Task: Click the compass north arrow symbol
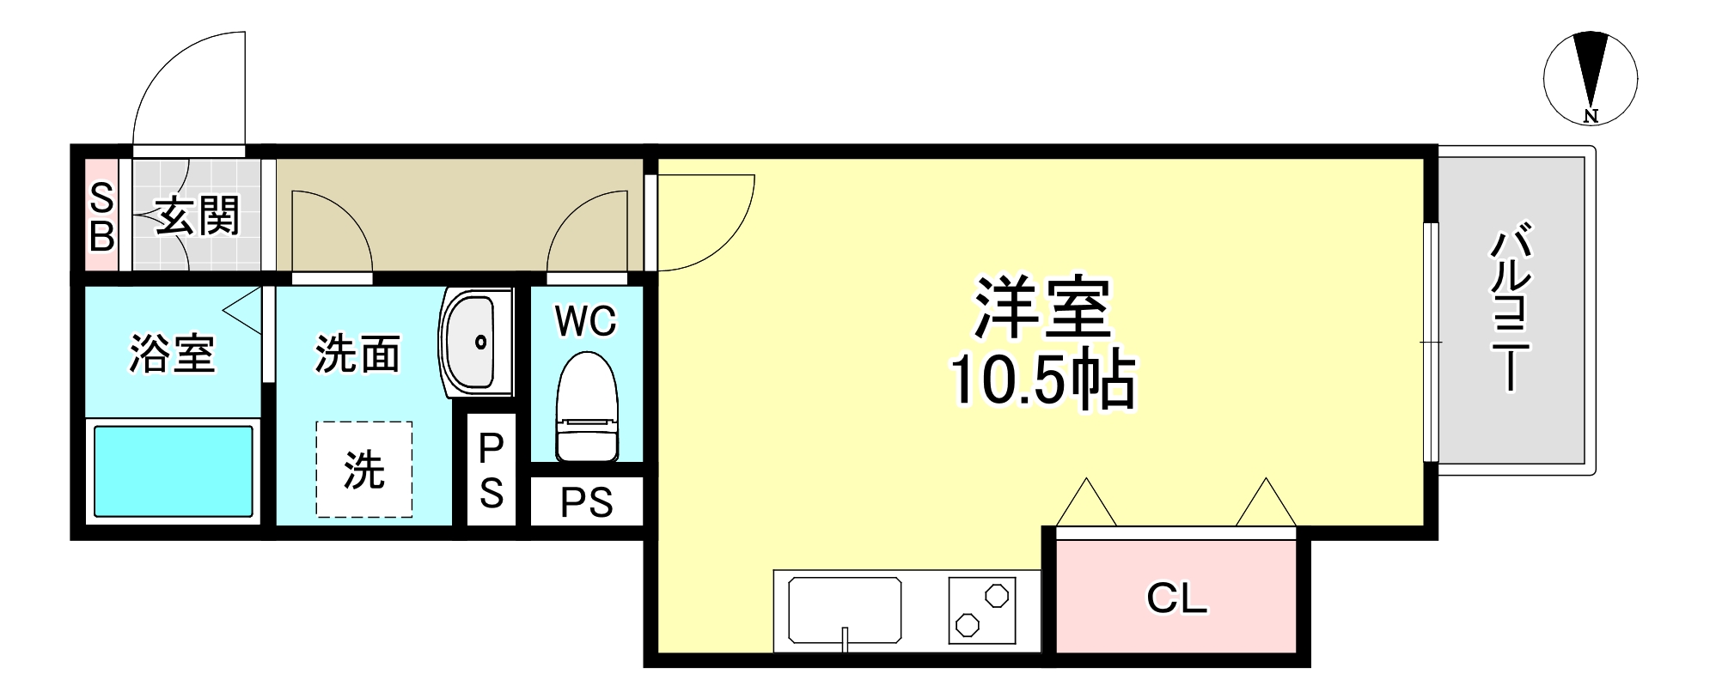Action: [1590, 77]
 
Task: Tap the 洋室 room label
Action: [1041, 307]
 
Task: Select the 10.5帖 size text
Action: [1041, 379]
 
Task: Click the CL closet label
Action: [1176, 598]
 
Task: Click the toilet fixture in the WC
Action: [587, 408]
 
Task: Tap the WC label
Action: [586, 321]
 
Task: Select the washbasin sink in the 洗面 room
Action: [471, 343]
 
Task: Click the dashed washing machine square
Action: [363, 470]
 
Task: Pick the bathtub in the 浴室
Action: [173, 471]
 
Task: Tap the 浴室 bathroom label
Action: [172, 353]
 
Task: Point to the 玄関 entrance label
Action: [198, 215]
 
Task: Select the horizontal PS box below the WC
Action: [587, 502]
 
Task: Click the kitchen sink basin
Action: [845, 610]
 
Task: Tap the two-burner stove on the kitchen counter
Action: [982, 610]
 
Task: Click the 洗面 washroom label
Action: [357, 354]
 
